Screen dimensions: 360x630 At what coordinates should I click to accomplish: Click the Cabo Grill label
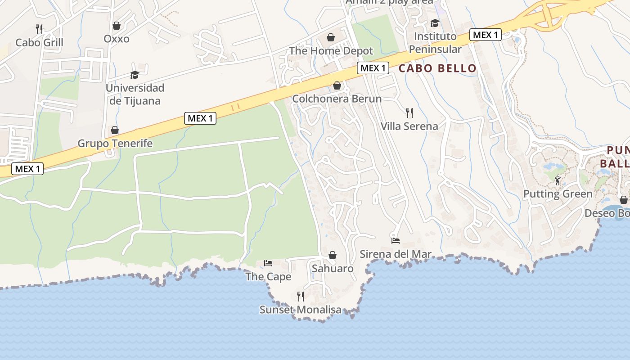coord(39,43)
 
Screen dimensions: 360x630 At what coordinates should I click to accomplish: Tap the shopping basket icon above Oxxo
coord(117,26)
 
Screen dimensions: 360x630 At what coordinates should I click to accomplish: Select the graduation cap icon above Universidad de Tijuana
coord(135,75)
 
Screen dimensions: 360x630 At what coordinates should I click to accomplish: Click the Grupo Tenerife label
coord(115,144)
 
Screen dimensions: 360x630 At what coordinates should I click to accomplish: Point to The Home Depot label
coord(331,51)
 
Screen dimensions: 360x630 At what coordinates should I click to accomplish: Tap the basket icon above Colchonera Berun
coord(337,85)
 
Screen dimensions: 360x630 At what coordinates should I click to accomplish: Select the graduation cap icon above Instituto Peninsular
coord(435,23)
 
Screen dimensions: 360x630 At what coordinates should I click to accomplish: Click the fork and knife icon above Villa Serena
coord(409,112)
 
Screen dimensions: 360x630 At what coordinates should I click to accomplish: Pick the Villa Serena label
coord(409,126)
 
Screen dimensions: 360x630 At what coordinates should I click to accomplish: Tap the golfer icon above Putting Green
coord(558,180)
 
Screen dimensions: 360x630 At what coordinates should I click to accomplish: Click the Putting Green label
coord(558,194)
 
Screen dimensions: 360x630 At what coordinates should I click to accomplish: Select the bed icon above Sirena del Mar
coord(396,240)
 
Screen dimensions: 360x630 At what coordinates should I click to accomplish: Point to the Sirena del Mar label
coord(396,254)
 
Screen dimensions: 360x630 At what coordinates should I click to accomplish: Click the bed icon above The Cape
coord(268,263)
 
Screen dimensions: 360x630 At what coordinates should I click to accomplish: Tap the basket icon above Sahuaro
coord(333,256)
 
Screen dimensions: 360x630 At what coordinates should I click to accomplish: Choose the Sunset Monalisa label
coord(301,310)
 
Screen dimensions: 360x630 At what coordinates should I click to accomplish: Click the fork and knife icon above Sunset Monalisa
coord(301,296)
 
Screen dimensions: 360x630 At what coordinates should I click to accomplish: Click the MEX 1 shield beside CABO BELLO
coord(373,68)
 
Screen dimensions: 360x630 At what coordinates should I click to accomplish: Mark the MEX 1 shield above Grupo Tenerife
coord(200,118)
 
